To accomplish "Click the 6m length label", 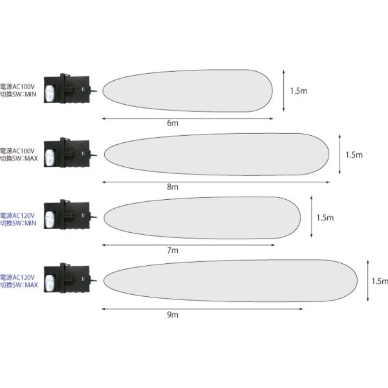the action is point(173,123).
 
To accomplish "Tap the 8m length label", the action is point(173,187).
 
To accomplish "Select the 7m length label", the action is point(173,250).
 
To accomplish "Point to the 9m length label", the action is point(173,314).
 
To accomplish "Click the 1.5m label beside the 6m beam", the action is point(299,91).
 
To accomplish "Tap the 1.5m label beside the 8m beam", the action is point(354,155).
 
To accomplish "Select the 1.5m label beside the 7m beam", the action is point(325,218).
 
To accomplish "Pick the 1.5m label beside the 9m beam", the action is point(380,281).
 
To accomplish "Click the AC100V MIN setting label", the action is point(18,91).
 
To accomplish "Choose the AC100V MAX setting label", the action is point(19,155).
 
